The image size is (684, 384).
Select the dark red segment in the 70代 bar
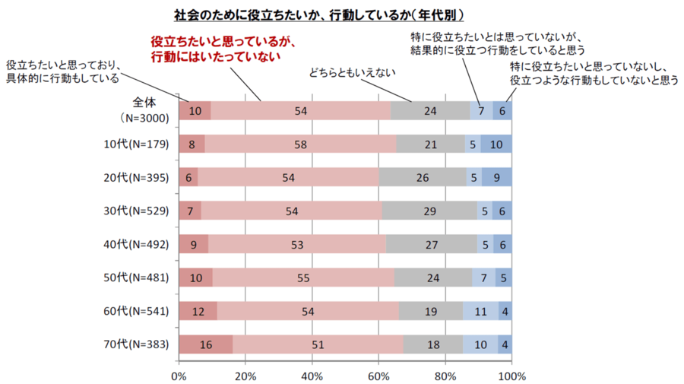(x=206, y=344)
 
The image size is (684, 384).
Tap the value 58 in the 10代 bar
(x=300, y=144)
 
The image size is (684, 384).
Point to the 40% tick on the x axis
(x=312, y=375)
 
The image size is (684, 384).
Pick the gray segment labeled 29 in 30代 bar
(x=429, y=211)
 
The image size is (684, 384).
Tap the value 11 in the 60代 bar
(x=481, y=311)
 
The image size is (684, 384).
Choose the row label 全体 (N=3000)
(x=144, y=110)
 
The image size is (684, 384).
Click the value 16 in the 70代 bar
(x=206, y=344)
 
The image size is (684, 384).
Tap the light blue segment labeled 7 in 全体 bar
(x=481, y=111)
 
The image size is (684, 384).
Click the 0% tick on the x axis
(x=179, y=375)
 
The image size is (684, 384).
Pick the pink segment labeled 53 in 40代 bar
(x=297, y=244)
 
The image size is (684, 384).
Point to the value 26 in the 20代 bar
(x=423, y=178)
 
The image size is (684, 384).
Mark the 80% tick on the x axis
(x=445, y=375)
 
